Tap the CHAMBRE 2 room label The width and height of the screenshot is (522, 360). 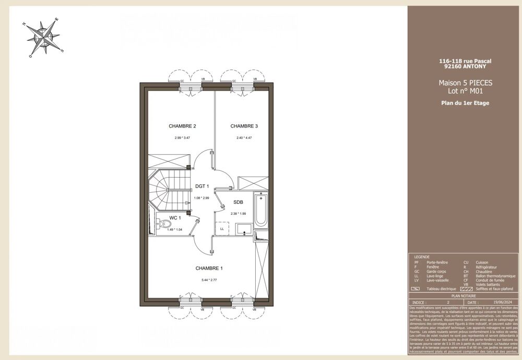182,126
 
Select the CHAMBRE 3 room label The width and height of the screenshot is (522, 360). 244,126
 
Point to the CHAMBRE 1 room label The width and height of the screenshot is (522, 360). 209,268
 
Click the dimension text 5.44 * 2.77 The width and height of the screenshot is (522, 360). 209,281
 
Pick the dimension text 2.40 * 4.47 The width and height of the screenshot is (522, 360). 244,138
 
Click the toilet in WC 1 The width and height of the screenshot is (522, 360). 165,224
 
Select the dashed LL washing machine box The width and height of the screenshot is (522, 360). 222,229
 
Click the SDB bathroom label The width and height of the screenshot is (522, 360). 238,202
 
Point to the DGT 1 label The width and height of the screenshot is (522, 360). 201,186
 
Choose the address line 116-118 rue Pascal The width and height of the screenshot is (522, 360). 465,61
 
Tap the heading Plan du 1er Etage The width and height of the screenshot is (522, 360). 465,103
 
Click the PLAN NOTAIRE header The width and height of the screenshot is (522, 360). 465,296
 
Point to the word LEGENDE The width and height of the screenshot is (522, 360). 422,257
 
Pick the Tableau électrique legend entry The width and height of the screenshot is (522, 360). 441,289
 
